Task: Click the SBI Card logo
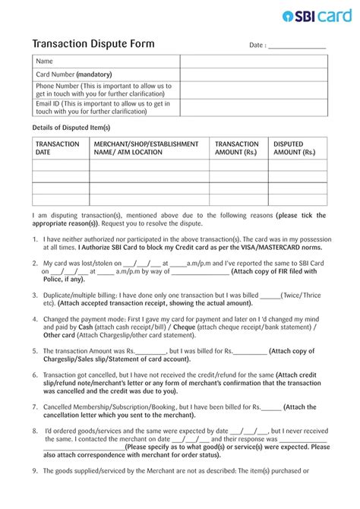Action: [x=316, y=16]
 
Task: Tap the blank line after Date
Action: [x=298, y=46]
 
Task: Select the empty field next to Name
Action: [x=254, y=61]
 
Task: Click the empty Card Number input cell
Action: [x=254, y=74]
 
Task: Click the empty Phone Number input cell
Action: [x=254, y=90]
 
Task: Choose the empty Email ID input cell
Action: [x=254, y=107]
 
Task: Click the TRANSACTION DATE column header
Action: [x=58, y=148]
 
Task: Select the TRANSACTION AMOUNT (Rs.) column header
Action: [x=237, y=148]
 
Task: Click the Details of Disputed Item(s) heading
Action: [x=71, y=128]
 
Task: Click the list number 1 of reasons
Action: [x=35, y=239]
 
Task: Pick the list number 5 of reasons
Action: [x=35, y=351]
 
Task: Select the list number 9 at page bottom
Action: [x=35, y=492]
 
